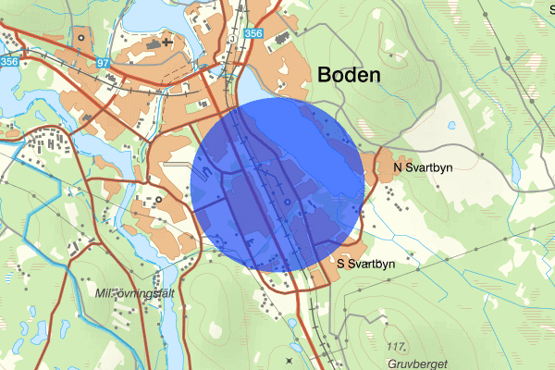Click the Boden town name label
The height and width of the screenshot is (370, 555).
(x=349, y=76)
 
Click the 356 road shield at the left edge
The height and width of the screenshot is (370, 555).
(x=9, y=62)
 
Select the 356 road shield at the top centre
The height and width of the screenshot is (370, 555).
(x=253, y=34)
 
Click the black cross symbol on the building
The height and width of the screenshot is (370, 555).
(x=166, y=42)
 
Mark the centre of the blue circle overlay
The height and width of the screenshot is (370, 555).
(x=277, y=184)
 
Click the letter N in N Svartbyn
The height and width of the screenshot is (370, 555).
(x=399, y=167)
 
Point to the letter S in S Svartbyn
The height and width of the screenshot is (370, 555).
(x=341, y=264)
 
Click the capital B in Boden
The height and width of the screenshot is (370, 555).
(x=325, y=76)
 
